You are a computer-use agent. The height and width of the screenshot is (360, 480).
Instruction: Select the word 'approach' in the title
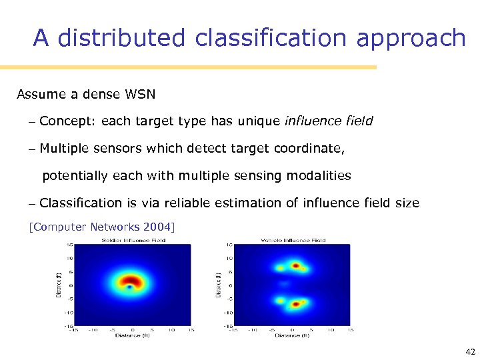tap(411, 39)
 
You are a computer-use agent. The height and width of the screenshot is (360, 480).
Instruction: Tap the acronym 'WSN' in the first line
tap(140, 94)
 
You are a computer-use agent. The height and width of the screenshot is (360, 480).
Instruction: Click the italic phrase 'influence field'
tap(329, 121)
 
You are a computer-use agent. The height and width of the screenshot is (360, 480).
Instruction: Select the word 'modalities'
tap(319, 175)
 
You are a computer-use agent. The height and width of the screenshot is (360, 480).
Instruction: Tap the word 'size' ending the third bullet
tap(407, 203)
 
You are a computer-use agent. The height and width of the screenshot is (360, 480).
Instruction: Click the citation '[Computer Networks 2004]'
tap(102, 227)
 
